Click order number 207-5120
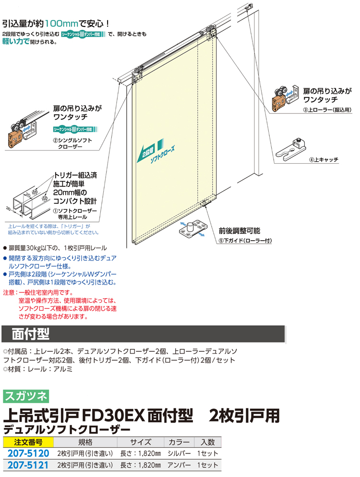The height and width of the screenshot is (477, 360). coord(28,453)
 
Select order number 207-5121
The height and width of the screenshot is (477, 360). coord(28,465)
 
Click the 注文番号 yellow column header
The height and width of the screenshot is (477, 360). coord(28,442)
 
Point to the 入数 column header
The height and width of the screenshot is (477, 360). coord(208,442)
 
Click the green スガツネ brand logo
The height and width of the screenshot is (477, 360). coord(26,396)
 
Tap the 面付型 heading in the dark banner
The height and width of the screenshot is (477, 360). coord(31,334)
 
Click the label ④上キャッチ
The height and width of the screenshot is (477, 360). coord(324,159)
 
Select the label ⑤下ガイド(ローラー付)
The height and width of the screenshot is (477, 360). coord(245,241)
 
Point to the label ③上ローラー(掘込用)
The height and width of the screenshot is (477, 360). coord(327,110)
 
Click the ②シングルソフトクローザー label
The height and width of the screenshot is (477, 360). coord(72,143)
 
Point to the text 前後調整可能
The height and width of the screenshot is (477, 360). coord(240,231)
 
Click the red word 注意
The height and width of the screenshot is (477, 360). coord(9,293)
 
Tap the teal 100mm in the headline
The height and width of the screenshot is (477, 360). coord(62,24)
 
